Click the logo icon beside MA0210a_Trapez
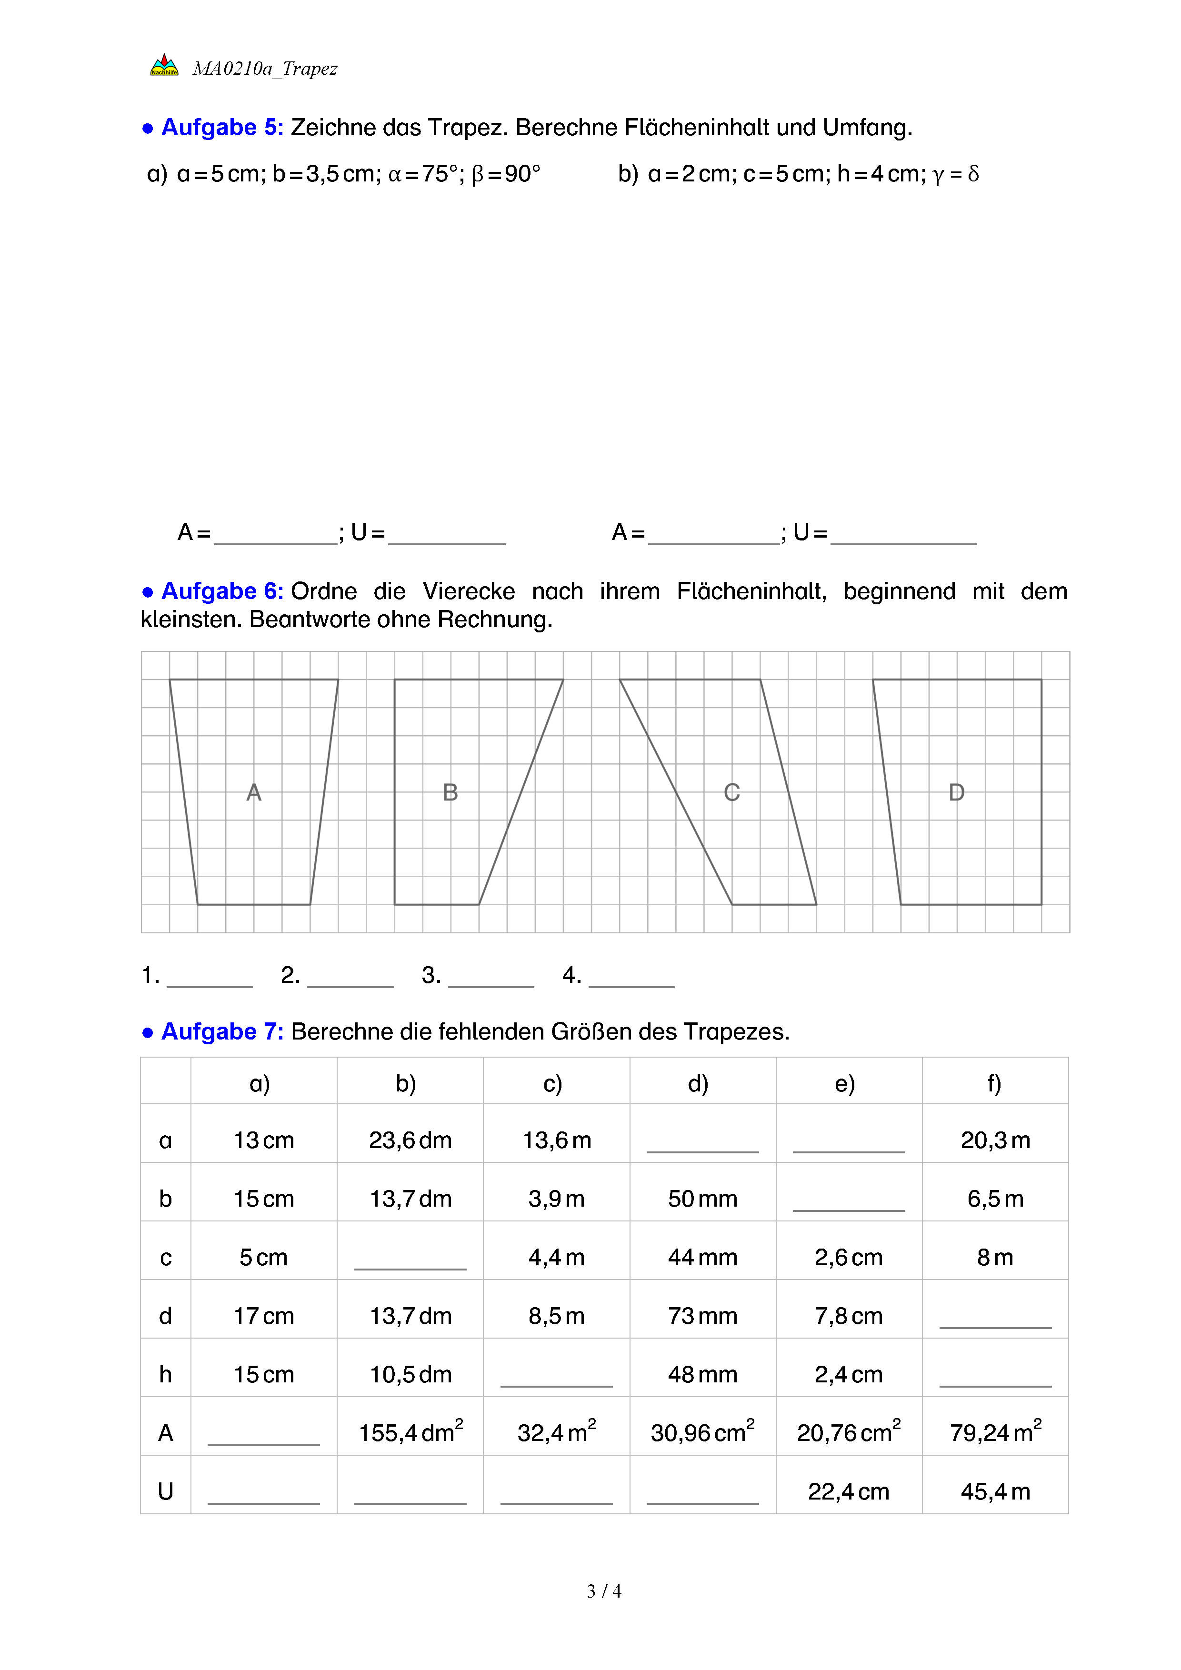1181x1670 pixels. click(x=164, y=65)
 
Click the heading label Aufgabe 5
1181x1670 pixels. click(x=222, y=127)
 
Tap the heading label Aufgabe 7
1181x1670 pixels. click(x=222, y=1031)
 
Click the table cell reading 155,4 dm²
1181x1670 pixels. click(x=411, y=1432)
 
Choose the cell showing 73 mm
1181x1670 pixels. click(x=702, y=1315)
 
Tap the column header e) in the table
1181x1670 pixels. click(x=844, y=1084)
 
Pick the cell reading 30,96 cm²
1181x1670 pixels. click(x=702, y=1432)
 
